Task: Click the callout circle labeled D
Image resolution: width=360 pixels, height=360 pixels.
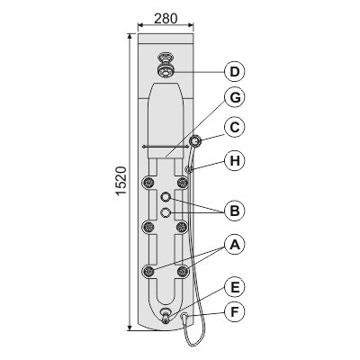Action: click(x=234, y=71)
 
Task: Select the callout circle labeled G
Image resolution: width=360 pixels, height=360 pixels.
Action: click(x=234, y=98)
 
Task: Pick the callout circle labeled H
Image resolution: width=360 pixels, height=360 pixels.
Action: click(x=234, y=161)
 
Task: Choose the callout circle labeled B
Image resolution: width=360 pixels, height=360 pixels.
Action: click(x=234, y=211)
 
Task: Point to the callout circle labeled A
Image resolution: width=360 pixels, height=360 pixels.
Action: click(x=234, y=244)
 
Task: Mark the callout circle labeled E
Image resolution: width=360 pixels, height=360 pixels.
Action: click(x=234, y=287)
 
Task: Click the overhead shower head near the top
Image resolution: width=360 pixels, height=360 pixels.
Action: click(x=164, y=67)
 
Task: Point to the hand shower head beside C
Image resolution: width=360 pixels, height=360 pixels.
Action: click(x=195, y=140)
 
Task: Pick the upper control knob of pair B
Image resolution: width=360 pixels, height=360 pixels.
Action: click(x=166, y=197)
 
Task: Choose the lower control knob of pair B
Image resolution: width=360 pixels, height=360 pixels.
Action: click(x=166, y=212)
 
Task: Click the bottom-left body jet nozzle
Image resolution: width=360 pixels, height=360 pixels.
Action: click(x=148, y=271)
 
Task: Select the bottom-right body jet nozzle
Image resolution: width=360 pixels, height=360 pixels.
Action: click(x=183, y=271)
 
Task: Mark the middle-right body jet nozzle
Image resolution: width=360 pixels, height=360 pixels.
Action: click(x=183, y=227)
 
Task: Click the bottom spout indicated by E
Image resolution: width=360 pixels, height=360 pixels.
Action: click(x=166, y=315)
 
